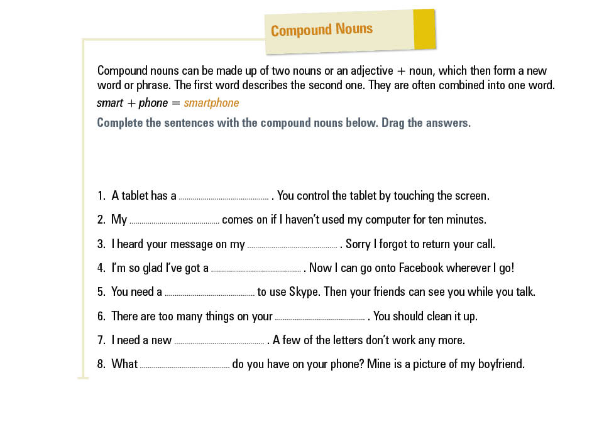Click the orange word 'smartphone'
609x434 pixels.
(x=211, y=103)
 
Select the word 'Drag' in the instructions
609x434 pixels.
(x=394, y=123)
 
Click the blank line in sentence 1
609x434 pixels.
(x=224, y=197)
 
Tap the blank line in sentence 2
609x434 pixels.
(x=174, y=221)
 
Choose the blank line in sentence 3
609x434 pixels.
(x=292, y=246)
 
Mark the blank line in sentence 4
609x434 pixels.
(x=256, y=269)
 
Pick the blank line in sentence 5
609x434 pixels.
(x=209, y=293)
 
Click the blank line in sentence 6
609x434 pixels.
(x=320, y=318)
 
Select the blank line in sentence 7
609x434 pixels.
(x=219, y=342)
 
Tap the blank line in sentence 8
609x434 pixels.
(x=185, y=366)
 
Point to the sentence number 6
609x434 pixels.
(x=101, y=317)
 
